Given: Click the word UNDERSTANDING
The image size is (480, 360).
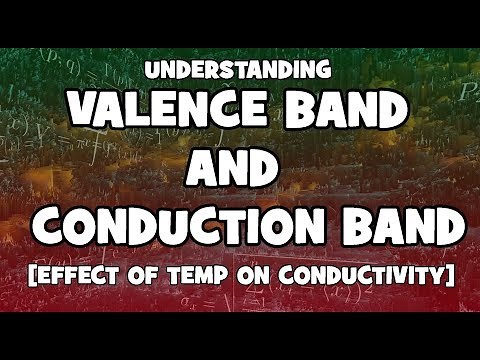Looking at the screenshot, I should tap(239, 71).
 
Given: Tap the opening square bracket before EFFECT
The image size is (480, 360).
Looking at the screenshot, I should tap(23, 274).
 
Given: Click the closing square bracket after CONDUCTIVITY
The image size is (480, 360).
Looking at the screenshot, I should tap(451, 274).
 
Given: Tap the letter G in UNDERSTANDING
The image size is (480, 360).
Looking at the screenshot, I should tap(322, 71).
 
